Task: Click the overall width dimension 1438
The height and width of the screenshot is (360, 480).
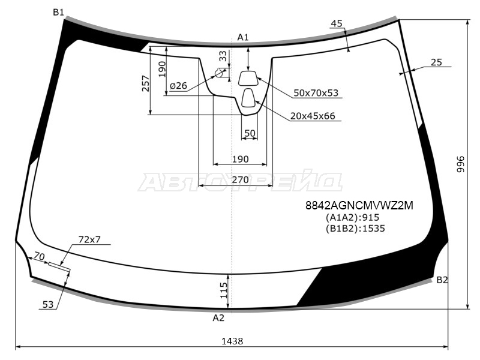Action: coord(232,341)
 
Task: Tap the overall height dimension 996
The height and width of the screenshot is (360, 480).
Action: coord(461,164)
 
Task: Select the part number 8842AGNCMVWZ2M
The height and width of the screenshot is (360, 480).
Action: coord(359,205)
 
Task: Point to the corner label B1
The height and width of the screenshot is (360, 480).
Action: coord(58,12)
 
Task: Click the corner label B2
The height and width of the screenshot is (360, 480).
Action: coord(442,280)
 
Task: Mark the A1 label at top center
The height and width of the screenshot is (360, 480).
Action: coord(243,37)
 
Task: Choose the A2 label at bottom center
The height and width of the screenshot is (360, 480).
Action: coord(218,318)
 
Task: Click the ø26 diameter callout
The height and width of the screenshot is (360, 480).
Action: coord(178,86)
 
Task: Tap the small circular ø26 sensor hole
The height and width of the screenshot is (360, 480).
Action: coord(219,73)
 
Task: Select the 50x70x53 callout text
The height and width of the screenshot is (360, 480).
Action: coord(316,93)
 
